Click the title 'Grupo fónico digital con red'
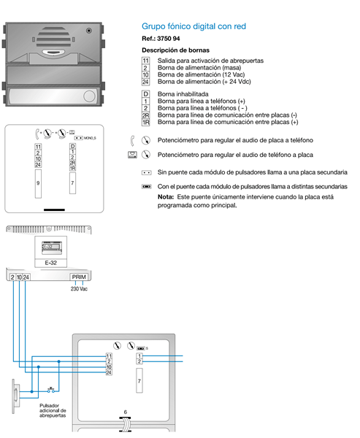[194, 26]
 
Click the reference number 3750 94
[168, 39]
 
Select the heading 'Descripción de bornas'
[175, 50]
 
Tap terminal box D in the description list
[145, 94]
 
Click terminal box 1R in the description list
[145, 123]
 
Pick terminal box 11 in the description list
[145, 61]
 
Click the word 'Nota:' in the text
[166, 197]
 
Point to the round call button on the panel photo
[89, 96]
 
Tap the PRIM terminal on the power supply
[79, 277]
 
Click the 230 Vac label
[79, 289]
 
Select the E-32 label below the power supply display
[50, 263]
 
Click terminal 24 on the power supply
[26, 277]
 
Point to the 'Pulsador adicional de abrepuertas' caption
[53, 410]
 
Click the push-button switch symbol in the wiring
[51, 391]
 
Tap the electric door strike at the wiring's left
[15, 396]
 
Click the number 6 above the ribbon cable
[125, 412]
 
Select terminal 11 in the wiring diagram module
[109, 356]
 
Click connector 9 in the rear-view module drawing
[38, 183]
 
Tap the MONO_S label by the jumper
[90, 138]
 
